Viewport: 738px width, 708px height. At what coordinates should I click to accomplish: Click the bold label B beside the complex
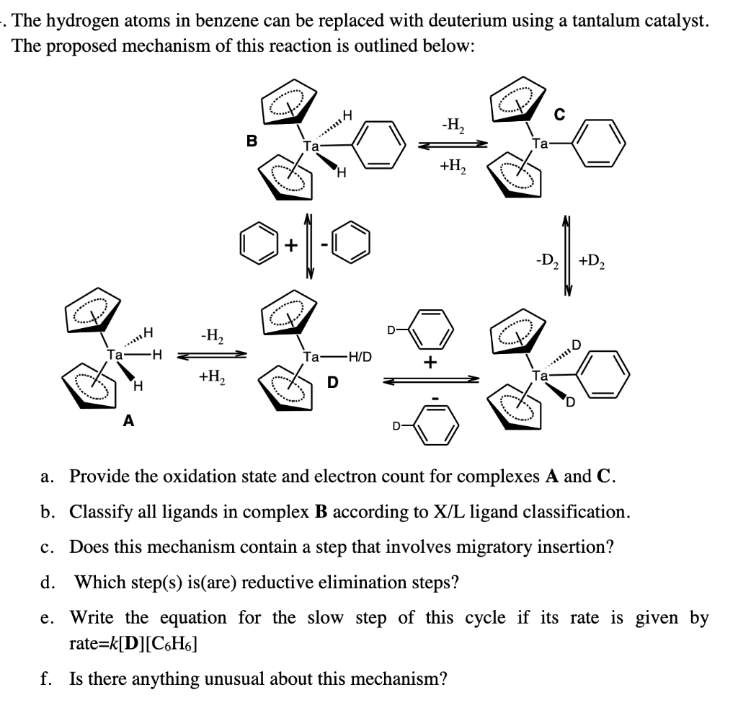coord(252,141)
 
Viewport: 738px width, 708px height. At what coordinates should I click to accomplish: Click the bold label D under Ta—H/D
coord(333,382)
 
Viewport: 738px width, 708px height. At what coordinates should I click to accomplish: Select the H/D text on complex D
coord(358,356)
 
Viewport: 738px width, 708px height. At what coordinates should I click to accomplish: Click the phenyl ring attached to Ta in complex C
coord(600,143)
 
